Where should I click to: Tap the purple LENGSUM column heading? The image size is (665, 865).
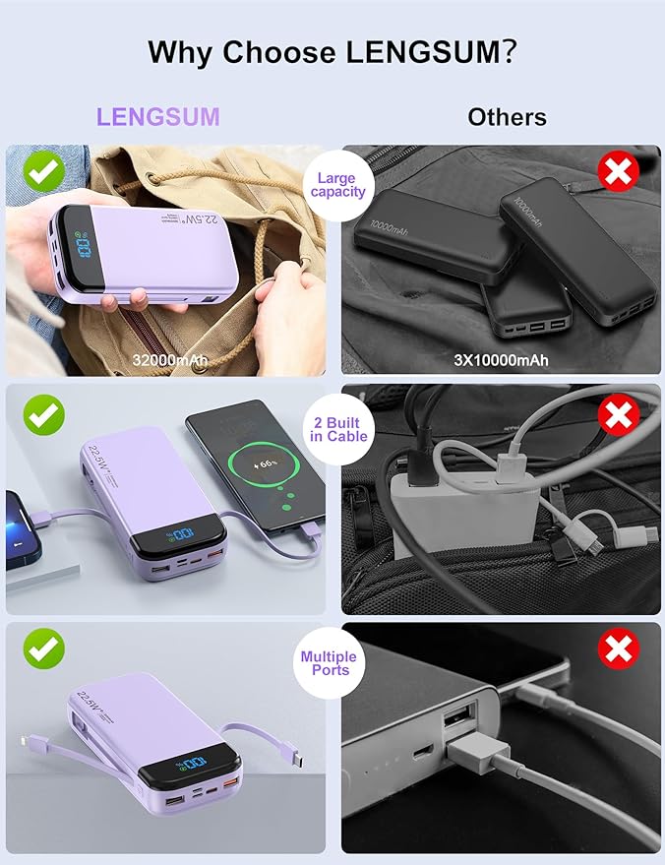tap(157, 117)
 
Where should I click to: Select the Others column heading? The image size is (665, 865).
tap(507, 117)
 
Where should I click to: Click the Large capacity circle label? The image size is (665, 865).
tap(337, 185)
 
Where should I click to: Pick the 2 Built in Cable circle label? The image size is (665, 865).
tap(337, 429)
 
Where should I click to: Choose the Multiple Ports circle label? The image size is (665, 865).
tap(329, 663)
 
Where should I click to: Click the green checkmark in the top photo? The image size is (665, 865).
tap(45, 173)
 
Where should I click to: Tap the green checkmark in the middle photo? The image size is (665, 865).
tap(44, 415)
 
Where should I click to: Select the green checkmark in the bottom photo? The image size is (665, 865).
tap(44, 648)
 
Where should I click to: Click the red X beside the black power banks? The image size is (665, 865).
tap(619, 173)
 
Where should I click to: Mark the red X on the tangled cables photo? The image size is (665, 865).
tap(619, 415)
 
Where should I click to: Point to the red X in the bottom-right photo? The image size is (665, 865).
tap(619, 648)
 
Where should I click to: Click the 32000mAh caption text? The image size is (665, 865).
tap(170, 360)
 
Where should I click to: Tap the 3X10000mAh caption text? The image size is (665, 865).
tap(502, 360)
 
